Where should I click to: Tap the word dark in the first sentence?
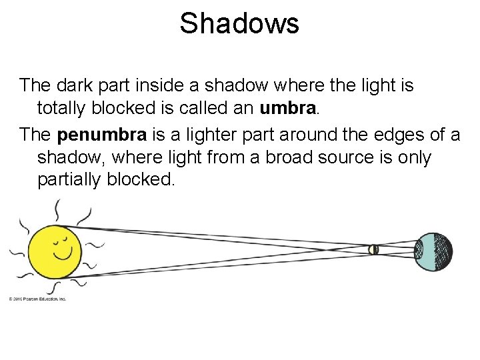click(x=71, y=86)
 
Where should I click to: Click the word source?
click(x=337, y=157)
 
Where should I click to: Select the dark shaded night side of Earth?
click(x=441, y=251)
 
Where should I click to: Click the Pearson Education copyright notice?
click(x=38, y=299)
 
